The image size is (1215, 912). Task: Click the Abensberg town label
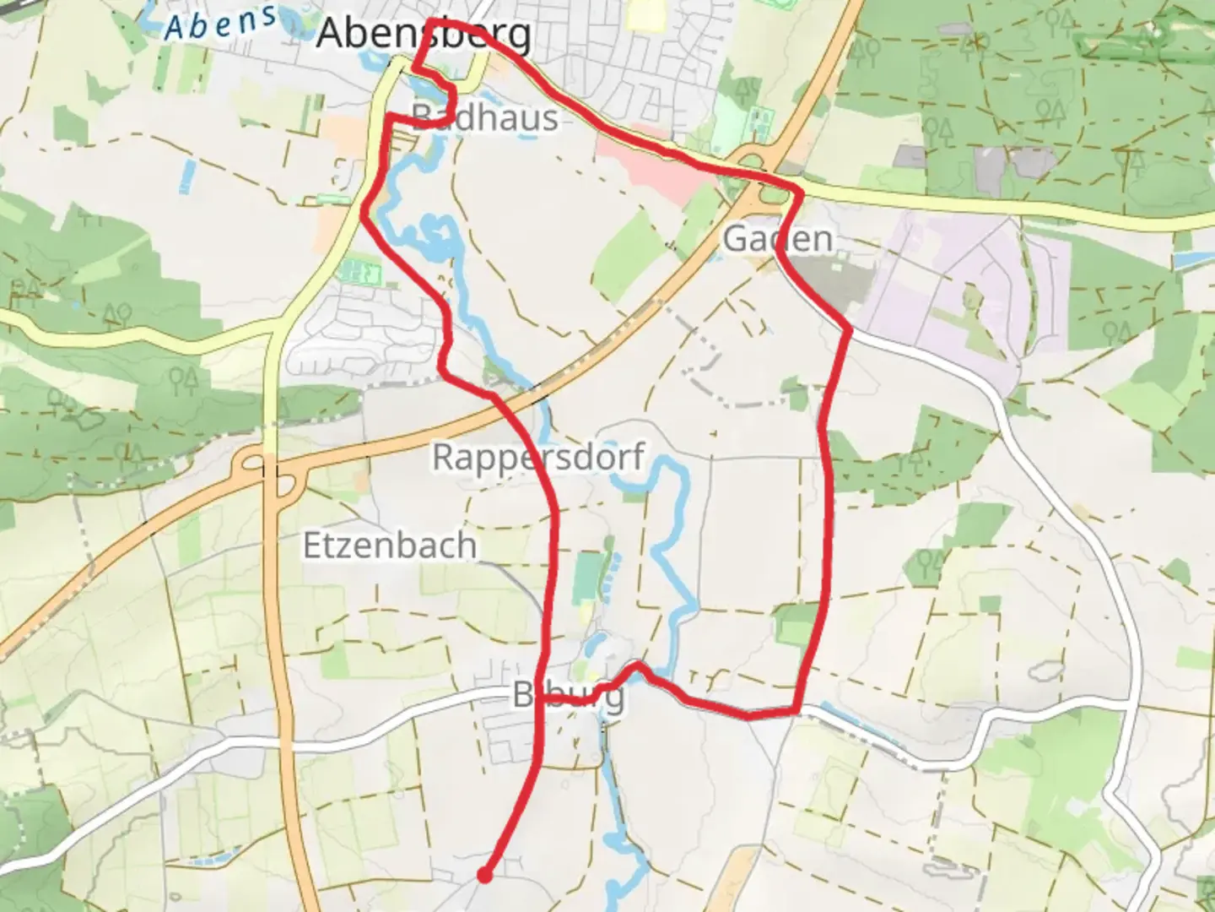[x=424, y=35]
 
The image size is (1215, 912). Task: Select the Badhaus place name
[x=485, y=117]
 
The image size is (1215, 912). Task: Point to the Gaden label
[x=778, y=239]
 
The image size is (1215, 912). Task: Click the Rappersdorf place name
[x=538, y=457]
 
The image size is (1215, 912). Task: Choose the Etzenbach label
[x=390, y=546]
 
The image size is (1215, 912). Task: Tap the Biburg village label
[x=569, y=696]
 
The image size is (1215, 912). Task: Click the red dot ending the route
[x=484, y=876]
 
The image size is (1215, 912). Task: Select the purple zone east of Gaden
[x=945, y=279]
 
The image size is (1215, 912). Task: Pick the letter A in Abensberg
[x=332, y=35]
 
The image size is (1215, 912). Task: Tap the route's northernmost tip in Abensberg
[x=432, y=20]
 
